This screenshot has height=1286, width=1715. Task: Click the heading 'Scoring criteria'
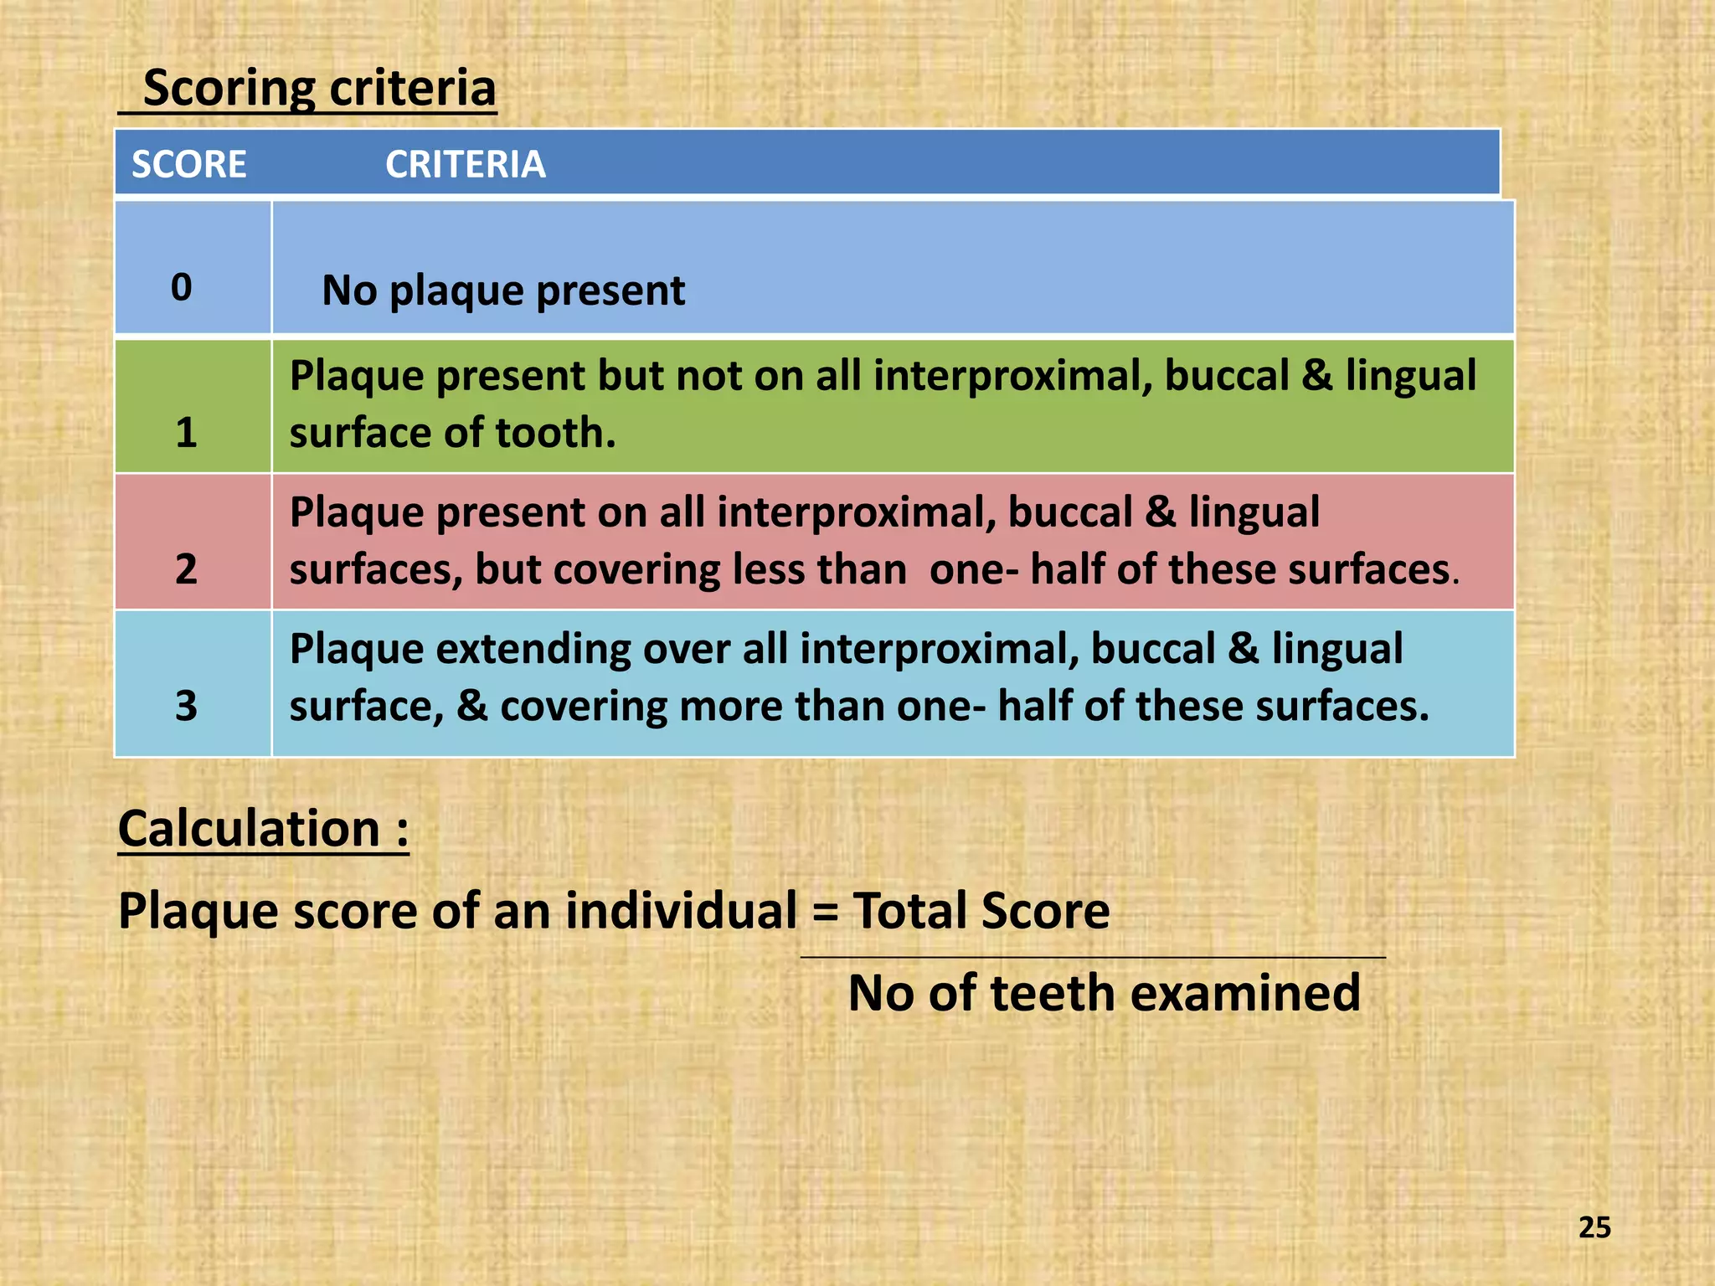pyautogui.click(x=319, y=88)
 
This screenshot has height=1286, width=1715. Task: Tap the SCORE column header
pyautogui.click(x=188, y=164)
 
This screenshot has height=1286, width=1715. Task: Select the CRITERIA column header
pyautogui.click(x=465, y=164)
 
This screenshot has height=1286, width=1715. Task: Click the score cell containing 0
pyautogui.click(x=182, y=287)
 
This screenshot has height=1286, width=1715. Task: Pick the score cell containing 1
pyautogui.click(x=186, y=432)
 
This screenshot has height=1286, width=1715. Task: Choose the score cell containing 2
pyautogui.click(x=186, y=569)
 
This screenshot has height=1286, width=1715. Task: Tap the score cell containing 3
pyautogui.click(x=186, y=706)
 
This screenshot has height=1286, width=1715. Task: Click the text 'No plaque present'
pyautogui.click(x=503, y=291)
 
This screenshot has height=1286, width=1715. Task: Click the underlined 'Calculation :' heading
pyautogui.click(x=263, y=829)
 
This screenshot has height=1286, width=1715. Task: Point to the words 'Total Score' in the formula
pyautogui.click(x=981, y=911)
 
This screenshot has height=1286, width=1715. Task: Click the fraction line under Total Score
pyautogui.click(x=1093, y=957)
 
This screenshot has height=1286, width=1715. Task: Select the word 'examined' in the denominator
pyautogui.click(x=1245, y=994)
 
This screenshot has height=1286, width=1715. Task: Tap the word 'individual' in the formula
pyautogui.click(x=681, y=911)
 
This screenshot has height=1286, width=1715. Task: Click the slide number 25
pyautogui.click(x=1594, y=1227)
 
